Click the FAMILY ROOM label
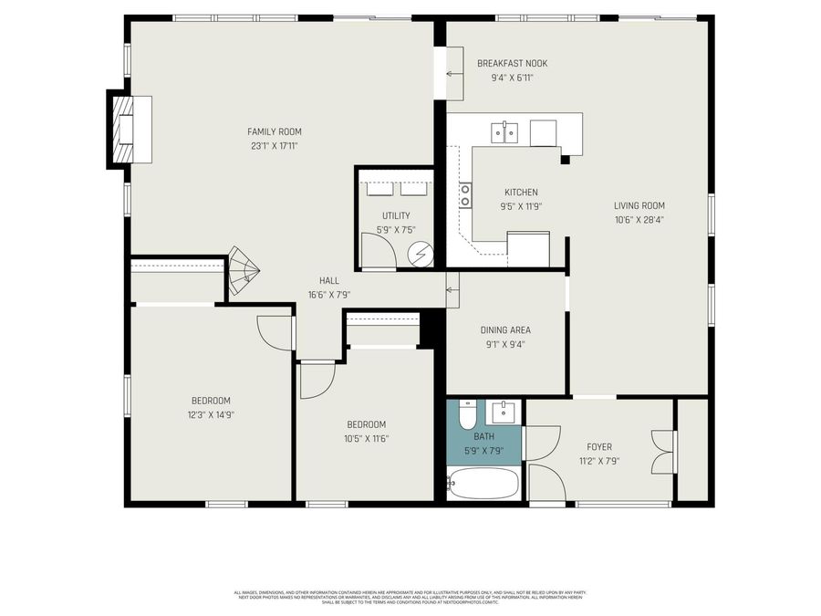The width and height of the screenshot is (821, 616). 275,131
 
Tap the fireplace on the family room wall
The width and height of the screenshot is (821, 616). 122,129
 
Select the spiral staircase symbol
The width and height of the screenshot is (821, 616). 242,271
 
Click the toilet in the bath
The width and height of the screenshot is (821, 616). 467,416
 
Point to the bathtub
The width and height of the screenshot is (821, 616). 483,484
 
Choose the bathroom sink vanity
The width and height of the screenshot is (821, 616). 503,412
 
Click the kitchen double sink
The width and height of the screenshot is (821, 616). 504,133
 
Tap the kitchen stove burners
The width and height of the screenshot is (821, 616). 465,194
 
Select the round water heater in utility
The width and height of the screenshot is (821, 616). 421,256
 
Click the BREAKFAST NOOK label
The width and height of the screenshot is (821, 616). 512,63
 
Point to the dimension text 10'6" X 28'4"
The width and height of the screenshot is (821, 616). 639,219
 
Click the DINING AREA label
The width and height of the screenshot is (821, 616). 505,330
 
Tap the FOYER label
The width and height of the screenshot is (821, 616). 599,447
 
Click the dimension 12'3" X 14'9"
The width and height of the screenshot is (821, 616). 210,414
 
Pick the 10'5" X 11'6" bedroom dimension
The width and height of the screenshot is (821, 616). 366,438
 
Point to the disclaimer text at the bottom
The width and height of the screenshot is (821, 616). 410,598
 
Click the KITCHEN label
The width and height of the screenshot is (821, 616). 521,193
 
